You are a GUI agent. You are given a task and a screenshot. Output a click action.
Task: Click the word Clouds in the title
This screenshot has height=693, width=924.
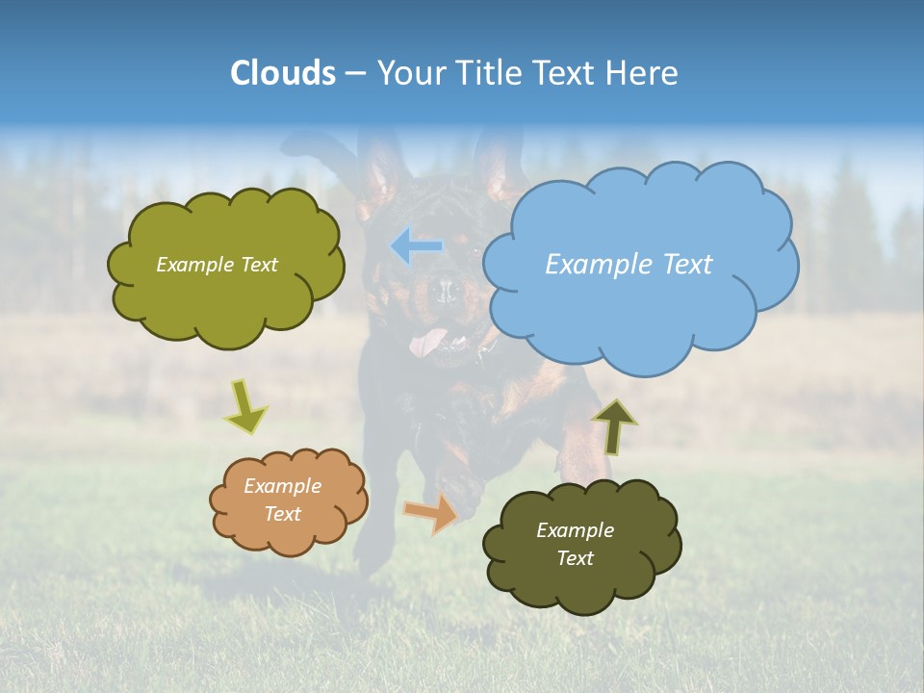coord(282,72)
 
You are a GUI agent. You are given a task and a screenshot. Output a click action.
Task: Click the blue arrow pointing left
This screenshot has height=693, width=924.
coord(416,246)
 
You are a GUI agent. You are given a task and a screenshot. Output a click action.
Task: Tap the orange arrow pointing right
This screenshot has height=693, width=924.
coord(431,513)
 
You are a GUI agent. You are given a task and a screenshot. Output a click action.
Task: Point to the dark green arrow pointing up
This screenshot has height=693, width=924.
coord(614,426)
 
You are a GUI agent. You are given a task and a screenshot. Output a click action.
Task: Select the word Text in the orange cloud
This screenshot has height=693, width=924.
coord(282,514)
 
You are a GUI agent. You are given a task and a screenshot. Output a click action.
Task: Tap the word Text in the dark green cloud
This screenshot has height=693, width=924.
coord(575,558)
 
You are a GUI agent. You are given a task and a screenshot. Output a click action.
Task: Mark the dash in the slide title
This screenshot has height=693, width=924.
coord(355,73)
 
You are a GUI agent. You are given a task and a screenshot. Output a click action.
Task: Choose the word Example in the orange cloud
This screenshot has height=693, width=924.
coord(282,486)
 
